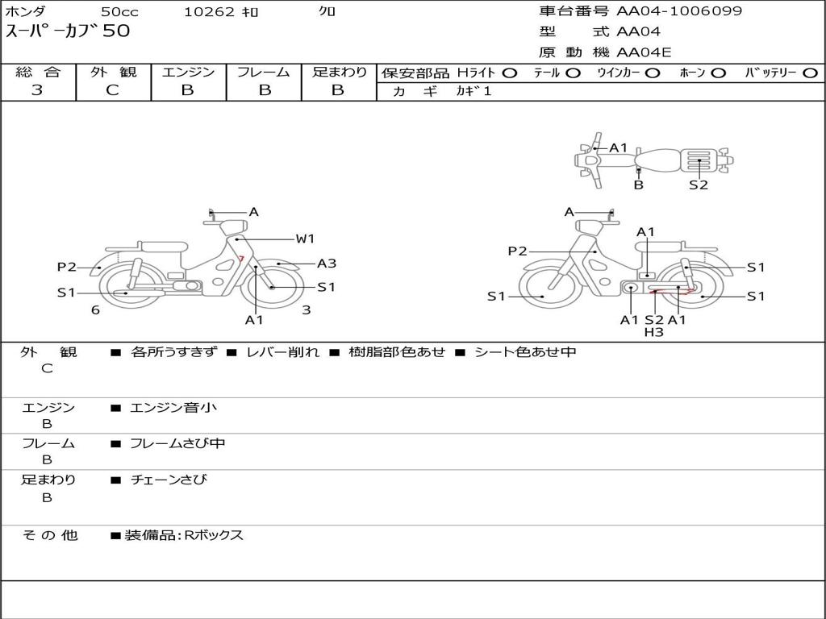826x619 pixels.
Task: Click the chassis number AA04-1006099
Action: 679,11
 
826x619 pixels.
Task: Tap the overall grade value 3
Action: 37,90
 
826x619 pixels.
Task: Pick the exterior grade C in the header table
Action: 112,90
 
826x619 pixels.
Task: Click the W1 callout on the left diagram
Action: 305,239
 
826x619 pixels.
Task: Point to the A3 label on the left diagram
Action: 327,264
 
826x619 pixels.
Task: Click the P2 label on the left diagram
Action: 67,267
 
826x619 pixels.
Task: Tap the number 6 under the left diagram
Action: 95,310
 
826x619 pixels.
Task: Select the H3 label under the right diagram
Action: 653,332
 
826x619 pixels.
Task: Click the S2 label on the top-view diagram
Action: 699,185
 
